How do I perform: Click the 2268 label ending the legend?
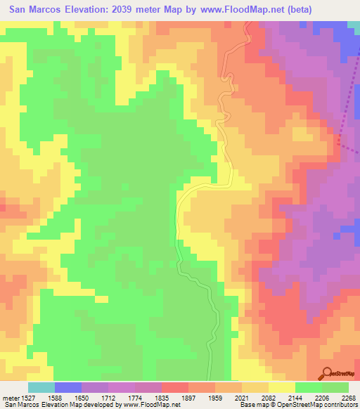tap(348, 398)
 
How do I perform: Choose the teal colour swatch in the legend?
tap(41, 387)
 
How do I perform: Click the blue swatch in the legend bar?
tap(67, 387)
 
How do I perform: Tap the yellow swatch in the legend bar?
tap(281, 387)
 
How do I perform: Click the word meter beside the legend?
tap(11, 398)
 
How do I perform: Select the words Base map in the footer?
tap(253, 405)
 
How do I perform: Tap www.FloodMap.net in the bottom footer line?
tap(150, 405)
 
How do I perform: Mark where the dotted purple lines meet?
tap(338, 142)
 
